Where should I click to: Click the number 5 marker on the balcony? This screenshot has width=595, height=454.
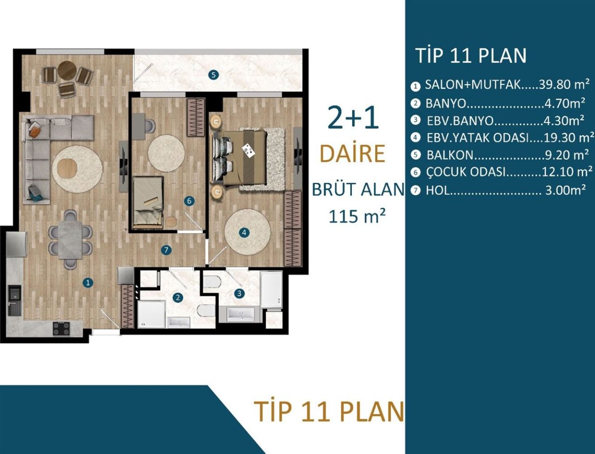pyautogui.click(x=212, y=74)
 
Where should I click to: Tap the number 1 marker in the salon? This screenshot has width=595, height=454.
pyautogui.click(x=87, y=282)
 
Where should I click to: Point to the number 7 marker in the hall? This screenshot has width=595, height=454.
pyautogui.click(x=166, y=250)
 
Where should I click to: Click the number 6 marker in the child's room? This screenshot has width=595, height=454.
pyautogui.click(x=188, y=201)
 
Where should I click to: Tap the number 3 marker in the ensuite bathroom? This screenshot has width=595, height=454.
pyautogui.click(x=239, y=293)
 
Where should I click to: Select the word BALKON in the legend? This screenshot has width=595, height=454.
pyautogui.click(x=450, y=155)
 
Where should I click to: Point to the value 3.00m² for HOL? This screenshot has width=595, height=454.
pyautogui.click(x=565, y=190)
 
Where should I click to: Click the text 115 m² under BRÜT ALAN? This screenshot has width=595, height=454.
pyautogui.click(x=357, y=216)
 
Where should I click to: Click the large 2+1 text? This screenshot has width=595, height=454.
pyautogui.click(x=353, y=119)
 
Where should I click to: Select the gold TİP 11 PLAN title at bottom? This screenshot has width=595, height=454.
pyautogui.click(x=328, y=411)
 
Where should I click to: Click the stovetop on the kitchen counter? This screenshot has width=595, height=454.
pyautogui.click(x=61, y=328)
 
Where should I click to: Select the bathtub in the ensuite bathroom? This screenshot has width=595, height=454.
pyautogui.click(x=271, y=290)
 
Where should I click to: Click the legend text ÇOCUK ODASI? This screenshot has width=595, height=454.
pyautogui.click(x=465, y=172)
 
